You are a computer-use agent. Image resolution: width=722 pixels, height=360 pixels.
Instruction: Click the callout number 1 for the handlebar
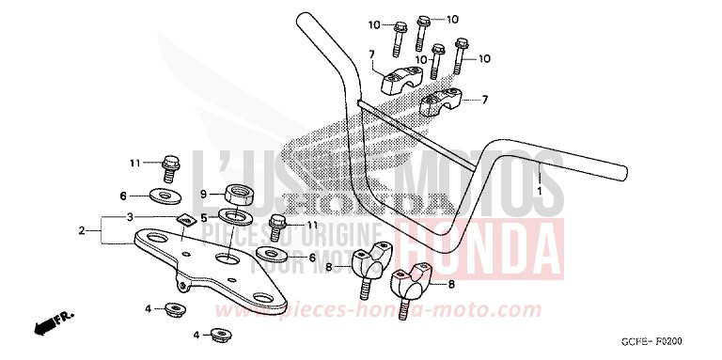coord(540,192)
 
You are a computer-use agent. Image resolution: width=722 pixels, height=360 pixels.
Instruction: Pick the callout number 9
coord(202,195)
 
